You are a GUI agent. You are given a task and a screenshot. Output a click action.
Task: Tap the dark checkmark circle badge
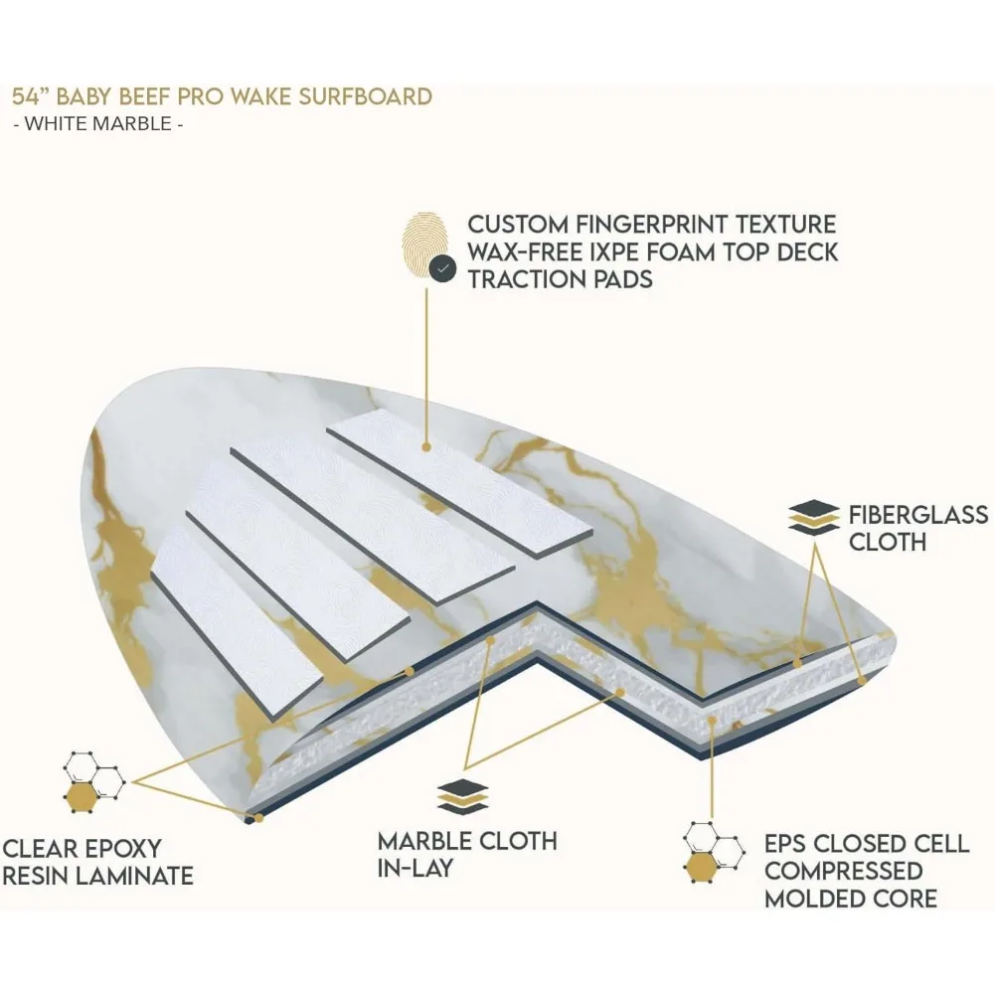(x=441, y=267)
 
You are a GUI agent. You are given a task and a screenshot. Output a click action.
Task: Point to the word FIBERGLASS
(x=917, y=515)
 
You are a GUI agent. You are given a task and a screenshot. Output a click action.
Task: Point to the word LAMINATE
(x=136, y=877)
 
